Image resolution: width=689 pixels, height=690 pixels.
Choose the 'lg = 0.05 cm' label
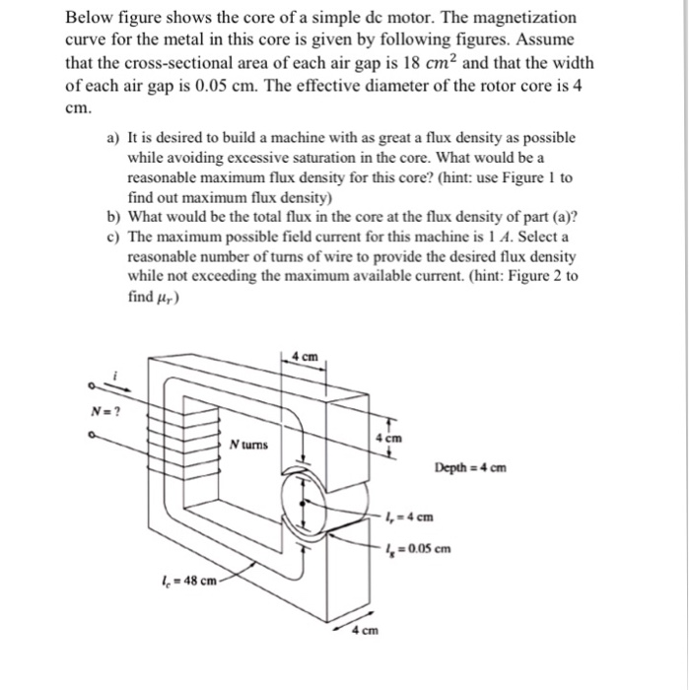coord(422,549)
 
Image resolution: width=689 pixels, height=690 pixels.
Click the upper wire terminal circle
coord(92,386)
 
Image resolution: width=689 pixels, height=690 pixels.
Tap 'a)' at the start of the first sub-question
coord(112,139)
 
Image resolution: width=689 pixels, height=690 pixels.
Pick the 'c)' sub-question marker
coord(112,237)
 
